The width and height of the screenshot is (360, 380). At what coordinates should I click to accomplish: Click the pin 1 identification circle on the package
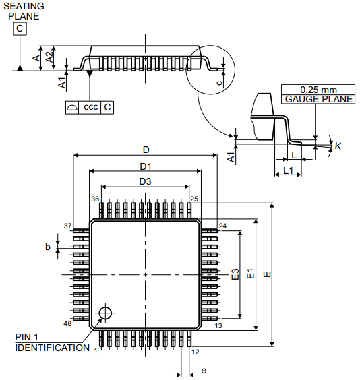105,312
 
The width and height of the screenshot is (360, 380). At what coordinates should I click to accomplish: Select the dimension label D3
145,181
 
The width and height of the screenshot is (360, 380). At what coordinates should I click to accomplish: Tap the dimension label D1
145,166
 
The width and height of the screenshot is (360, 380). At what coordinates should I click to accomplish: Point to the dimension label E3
235,274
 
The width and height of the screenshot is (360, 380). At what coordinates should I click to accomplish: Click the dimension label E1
250,274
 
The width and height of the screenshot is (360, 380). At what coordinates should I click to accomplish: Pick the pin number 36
96,199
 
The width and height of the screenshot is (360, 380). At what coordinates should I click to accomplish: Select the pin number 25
194,199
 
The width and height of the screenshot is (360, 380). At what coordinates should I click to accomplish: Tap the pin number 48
67,324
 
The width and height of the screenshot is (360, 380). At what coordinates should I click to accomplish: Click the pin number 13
218,326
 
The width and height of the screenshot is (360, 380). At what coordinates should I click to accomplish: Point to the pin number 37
67,225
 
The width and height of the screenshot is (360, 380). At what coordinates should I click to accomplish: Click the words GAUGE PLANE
318,99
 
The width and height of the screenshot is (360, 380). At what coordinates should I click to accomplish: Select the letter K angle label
338,146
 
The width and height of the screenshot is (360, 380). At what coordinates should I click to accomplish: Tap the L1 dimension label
288,170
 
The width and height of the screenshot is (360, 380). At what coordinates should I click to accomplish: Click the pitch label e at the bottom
204,371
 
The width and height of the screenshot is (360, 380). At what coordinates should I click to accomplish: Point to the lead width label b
48,247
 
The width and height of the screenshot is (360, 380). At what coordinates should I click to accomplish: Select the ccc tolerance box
90,107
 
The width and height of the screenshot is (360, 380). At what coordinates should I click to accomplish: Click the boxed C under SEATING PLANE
20,28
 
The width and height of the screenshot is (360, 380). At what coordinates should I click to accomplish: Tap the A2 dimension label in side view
49,57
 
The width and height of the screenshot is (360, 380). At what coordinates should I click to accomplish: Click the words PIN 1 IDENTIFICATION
52,342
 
